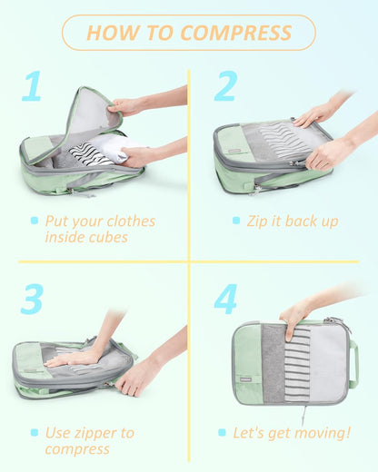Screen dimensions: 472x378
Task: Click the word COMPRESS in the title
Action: pos(236,34)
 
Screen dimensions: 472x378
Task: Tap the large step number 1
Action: pos(32,86)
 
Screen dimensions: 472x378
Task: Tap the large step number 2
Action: pos(224,86)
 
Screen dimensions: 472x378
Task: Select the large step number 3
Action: pos(32,299)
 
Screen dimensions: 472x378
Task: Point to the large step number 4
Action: pos(225,299)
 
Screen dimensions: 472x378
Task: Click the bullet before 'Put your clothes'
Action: pos(35,221)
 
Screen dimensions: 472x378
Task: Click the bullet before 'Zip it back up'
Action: pos(224,221)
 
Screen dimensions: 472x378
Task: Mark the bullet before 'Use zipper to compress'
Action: pos(35,433)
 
